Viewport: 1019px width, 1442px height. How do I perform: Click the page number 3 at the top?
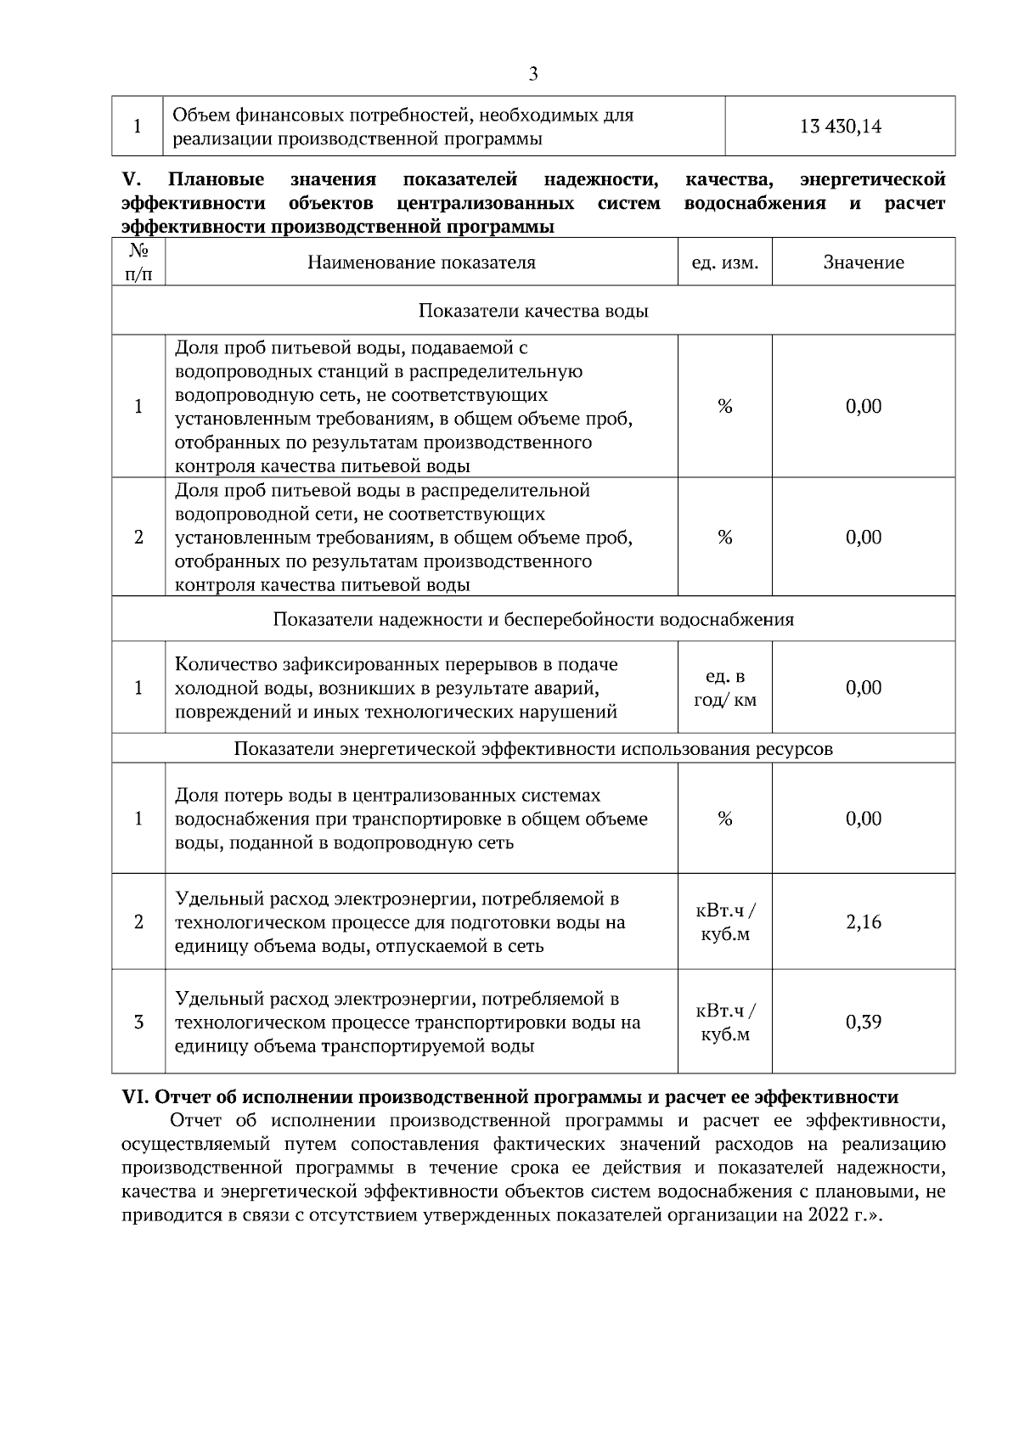coord(533,74)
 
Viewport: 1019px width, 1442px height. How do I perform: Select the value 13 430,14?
coord(840,127)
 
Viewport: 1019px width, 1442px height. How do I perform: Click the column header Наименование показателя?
coord(421,262)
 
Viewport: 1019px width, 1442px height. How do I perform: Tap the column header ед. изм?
coord(724,262)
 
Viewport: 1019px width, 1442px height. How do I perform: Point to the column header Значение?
coord(863,262)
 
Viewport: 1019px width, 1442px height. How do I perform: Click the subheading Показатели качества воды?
coord(533,311)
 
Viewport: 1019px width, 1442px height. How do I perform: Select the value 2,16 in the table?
coord(863,922)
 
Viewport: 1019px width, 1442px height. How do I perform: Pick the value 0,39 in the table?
coord(863,1022)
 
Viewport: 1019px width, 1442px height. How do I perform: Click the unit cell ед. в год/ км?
coord(724,688)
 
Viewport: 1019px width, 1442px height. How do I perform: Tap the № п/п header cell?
coord(138,262)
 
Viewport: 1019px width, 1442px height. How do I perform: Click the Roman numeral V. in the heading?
coord(132,180)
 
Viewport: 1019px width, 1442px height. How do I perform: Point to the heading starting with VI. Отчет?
coord(509,1097)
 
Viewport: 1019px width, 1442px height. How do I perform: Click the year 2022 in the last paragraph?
coord(828,1214)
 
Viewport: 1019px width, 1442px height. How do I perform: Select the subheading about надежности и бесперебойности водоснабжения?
coord(533,619)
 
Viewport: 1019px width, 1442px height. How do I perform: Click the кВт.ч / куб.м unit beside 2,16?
coord(724,922)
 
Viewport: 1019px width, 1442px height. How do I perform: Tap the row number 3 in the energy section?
coord(138,1022)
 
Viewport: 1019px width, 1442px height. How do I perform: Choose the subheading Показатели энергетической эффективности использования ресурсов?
coord(533,749)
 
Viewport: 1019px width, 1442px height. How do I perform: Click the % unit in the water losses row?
coord(724,819)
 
